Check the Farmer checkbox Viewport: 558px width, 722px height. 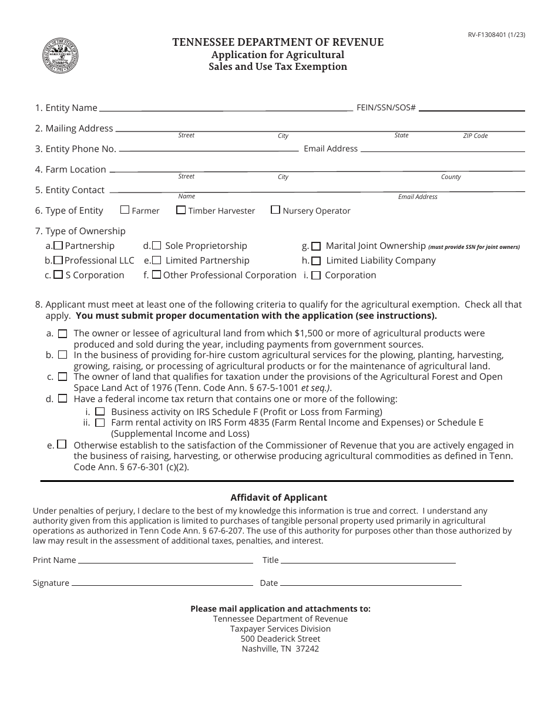125,210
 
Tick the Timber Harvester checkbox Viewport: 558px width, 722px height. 181,210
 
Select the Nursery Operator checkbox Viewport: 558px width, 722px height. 275,210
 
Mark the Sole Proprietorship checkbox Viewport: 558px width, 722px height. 157,246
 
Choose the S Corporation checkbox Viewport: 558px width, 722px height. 58,275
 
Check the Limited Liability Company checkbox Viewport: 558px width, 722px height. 316,261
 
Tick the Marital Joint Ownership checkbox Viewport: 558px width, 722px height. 316,247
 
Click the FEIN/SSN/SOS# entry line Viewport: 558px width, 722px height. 472,110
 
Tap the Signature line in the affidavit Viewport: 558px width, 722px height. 162,585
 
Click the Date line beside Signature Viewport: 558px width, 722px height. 371,585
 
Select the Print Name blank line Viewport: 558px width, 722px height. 166,562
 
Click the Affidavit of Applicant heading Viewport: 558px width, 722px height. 278,498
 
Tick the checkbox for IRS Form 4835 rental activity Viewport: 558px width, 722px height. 100,423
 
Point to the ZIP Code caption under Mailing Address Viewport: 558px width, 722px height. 475,136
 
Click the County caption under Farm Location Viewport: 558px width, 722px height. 451,177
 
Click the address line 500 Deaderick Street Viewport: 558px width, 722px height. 280,639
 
